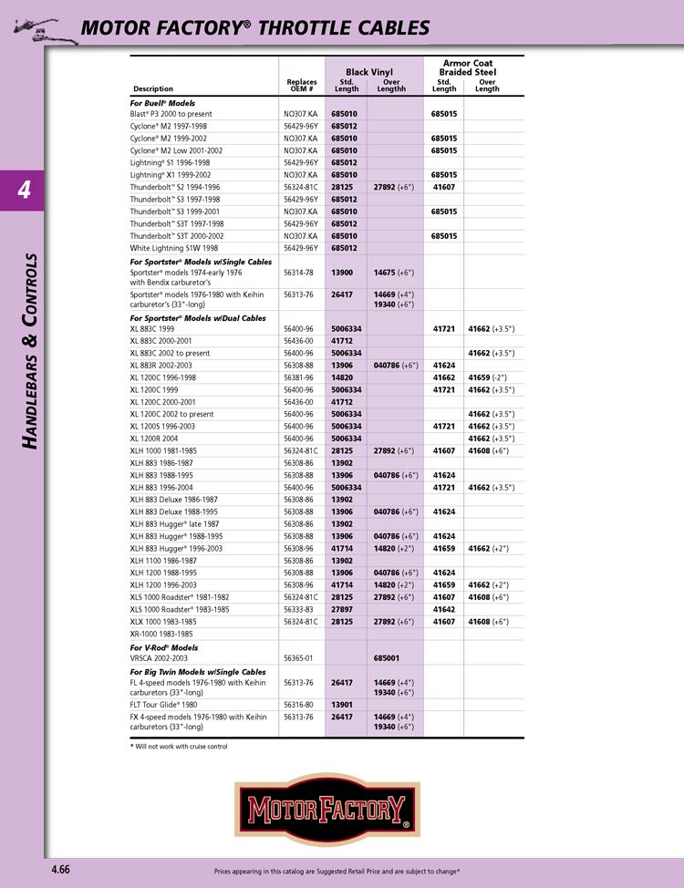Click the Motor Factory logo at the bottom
[x=326, y=808]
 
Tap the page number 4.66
[x=61, y=870]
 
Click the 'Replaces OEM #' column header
[x=302, y=86]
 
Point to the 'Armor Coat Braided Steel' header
[x=467, y=67]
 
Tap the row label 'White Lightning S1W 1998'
[x=174, y=248]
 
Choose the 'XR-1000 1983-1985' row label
[x=161, y=634]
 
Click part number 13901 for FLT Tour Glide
[x=342, y=705]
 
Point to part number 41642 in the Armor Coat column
[x=444, y=609]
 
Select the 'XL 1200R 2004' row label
[x=159, y=438]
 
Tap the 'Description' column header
[x=153, y=89]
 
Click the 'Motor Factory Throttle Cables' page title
[x=255, y=28]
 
